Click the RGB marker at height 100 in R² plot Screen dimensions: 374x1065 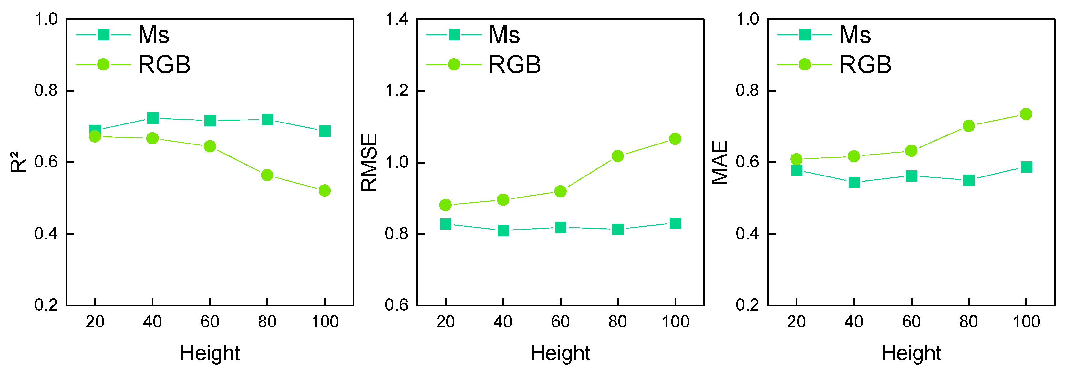[x=325, y=190]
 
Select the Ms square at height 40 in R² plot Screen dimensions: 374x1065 [x=152, y=118]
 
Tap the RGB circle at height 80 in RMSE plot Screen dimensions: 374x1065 [x=618, y=156]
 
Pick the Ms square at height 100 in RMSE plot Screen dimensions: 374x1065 [x=675, y=223]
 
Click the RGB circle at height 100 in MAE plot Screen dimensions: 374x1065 [x=1026, y=114]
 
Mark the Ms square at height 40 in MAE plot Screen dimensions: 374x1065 [x=854, y=182]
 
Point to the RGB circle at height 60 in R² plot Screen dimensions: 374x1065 [x=210, y=146]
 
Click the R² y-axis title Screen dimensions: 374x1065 [x=18, y=162]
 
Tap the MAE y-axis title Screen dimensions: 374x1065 [x=720, y=162]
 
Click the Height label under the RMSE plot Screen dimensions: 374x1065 [x=560, y=353]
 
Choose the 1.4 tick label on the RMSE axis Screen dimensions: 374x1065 [x=397, y=19]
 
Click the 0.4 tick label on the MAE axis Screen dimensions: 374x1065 [x=748, y=234]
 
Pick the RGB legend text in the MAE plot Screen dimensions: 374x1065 [x=865, y=65]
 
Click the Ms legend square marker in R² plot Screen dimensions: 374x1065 [x=103, y=35]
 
